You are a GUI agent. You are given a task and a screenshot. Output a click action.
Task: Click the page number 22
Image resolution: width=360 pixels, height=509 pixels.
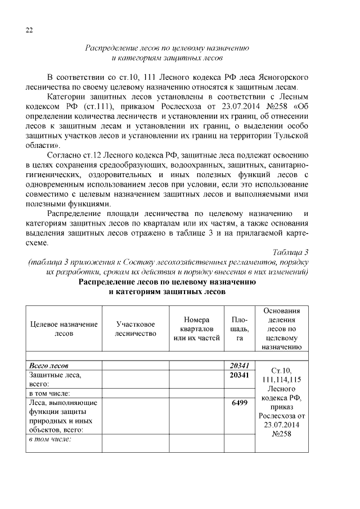point(30,30)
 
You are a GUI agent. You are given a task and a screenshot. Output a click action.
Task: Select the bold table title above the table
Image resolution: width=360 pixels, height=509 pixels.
point(167,287)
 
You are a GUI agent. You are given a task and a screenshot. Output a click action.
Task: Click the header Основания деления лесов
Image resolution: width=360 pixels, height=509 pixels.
point(281,329)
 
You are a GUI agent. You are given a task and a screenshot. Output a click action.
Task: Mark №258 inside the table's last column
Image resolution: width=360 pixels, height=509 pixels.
point(281,434)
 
